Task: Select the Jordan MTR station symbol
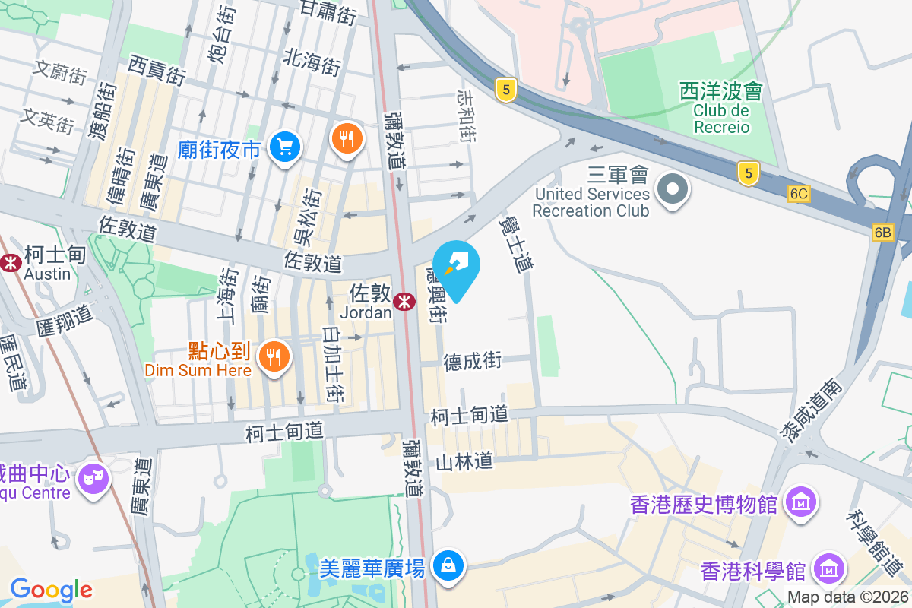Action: [404, 302]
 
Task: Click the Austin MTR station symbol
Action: [11, 263]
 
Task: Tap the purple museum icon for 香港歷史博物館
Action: [802, 502]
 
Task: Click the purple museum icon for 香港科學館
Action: [830, 568]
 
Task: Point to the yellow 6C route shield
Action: [798, 194]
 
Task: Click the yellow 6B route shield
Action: [882, 233]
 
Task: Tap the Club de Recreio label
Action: [721, 119]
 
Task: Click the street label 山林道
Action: [464, 461]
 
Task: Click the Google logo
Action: [51, 589]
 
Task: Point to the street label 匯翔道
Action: [64, 319]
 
